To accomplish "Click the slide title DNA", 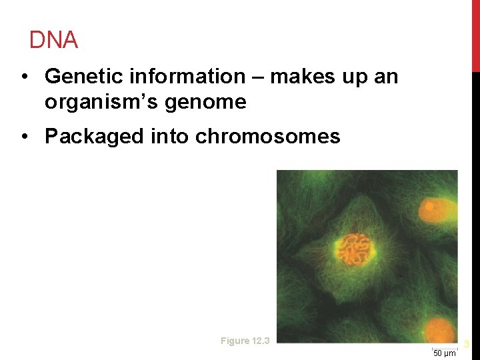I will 53,41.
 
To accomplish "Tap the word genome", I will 211,102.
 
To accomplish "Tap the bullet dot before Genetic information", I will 23,77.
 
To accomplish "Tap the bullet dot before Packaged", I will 23,137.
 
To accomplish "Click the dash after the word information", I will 257,77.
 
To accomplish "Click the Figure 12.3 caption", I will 245,341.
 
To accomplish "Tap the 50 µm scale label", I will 445,353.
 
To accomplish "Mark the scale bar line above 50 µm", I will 445,348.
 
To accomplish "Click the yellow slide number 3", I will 467,345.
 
